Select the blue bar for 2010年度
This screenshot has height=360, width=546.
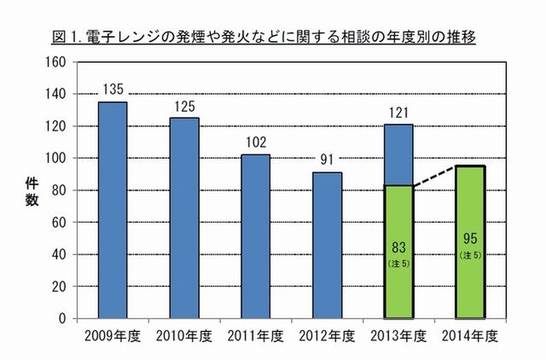tap(184, 218)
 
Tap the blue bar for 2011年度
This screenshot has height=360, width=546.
tap(256, 236)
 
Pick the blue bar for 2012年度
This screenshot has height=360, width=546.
tap(328, 245)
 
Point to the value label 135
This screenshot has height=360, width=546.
tap(113, 89)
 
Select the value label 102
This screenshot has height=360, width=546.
tap(256, 142)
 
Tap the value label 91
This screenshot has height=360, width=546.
tap(328, 161)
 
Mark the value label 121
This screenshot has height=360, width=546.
tap(399, 111)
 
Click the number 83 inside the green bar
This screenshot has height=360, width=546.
tap(399, 247)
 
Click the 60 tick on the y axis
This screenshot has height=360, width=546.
tap(59, 222)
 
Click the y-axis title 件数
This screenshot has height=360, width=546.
tap(31, 191)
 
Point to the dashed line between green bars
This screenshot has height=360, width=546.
tap(435, 176)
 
